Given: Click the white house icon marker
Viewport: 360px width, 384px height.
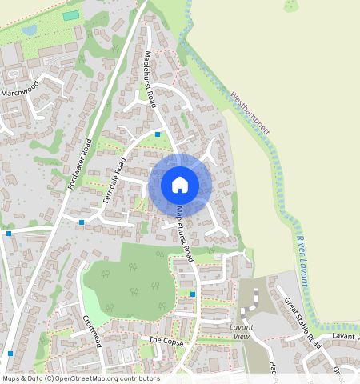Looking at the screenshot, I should pos(180,185).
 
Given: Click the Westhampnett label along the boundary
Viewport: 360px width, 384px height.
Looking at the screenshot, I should pos(250,110).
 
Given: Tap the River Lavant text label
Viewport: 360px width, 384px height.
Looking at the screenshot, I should pos(301,259).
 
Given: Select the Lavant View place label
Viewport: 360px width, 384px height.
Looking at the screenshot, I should pos(241,332).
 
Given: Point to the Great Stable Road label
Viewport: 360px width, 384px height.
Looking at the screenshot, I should pos(302,322).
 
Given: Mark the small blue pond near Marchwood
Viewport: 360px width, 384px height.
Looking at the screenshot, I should pos(29,30).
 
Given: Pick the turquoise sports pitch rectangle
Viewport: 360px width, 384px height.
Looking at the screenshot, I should pos(71,15).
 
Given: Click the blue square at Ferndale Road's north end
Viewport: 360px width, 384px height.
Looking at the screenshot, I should pos(158,134).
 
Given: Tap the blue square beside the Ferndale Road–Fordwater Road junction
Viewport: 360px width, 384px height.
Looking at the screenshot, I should pos(82,222).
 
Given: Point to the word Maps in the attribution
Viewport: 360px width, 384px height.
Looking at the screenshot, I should pos(12,378).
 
